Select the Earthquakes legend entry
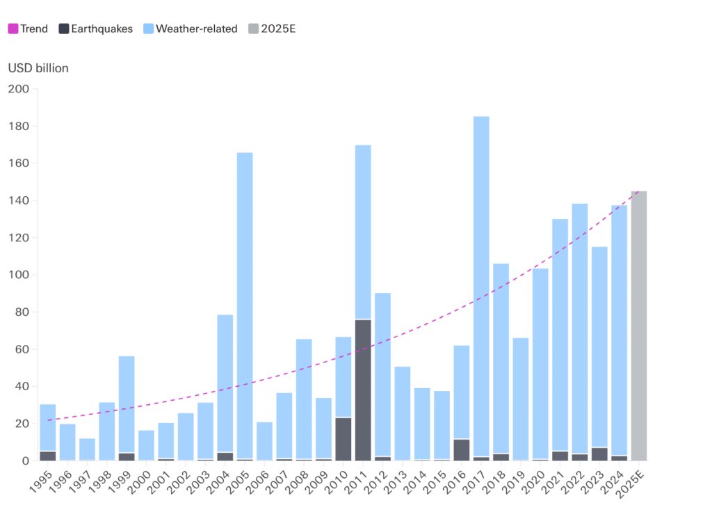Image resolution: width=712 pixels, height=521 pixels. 96,29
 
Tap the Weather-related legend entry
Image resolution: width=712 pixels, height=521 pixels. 191,29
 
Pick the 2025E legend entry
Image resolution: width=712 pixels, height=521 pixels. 272,29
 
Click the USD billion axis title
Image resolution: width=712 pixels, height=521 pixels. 38,68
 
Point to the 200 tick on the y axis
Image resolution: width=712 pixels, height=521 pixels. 18,89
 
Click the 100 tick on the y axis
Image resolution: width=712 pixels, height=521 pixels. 18,275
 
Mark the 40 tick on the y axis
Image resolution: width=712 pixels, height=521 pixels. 21,387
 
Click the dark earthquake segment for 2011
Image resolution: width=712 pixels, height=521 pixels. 363,390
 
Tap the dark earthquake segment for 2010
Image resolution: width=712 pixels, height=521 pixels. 343,439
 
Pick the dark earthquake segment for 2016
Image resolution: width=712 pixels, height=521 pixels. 462,449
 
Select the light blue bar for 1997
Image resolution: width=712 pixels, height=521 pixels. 87,449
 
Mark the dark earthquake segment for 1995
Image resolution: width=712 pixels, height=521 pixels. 48,456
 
